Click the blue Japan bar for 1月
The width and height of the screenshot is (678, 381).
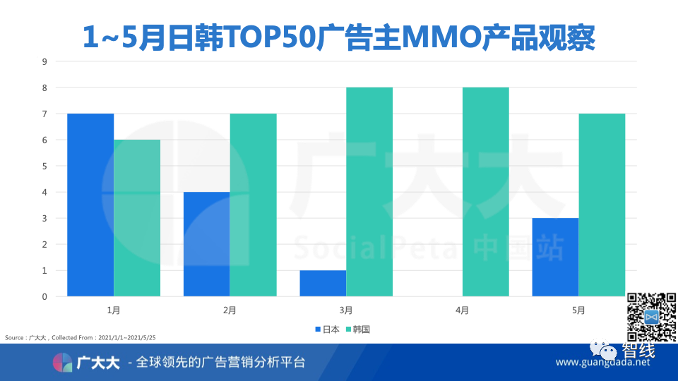90,205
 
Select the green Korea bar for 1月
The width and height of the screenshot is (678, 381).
137,218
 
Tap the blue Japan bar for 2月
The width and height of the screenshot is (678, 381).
206,244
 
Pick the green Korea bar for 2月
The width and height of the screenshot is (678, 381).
253,205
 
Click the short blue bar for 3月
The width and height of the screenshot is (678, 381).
323,283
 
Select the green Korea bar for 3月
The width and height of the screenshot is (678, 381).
369,192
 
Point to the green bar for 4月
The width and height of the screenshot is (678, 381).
485,192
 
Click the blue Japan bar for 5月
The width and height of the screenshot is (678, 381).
555,257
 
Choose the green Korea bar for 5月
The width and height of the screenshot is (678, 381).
602,205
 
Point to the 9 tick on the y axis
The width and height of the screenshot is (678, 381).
44,61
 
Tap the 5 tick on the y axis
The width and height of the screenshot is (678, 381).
44,166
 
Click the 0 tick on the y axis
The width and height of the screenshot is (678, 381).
44,296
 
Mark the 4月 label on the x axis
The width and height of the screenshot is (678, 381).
462,310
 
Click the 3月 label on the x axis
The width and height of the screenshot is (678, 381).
346,310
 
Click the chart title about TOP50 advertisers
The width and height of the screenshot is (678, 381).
339,37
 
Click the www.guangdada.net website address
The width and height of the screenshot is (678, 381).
602,363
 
